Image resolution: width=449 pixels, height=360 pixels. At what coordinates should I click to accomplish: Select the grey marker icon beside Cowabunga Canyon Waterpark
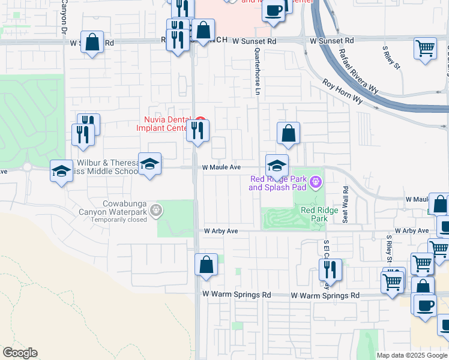point(157,209)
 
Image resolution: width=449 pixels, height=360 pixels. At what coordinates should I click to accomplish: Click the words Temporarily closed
point(119,220)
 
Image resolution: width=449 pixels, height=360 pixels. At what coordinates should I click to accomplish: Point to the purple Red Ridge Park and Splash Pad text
point(277,183)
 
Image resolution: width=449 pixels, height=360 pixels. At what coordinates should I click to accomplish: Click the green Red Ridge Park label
point(315,214)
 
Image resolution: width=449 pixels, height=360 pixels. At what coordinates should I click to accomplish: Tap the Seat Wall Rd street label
point(345,203)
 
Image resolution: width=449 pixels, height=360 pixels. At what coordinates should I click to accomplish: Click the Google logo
point(20,352)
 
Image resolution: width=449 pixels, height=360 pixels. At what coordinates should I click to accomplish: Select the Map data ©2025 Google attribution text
point(411,355)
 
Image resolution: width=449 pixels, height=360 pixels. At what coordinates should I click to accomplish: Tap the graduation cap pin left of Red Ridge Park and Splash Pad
point(277,166)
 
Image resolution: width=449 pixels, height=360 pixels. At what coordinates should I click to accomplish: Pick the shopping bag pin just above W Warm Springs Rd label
point(206,265)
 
